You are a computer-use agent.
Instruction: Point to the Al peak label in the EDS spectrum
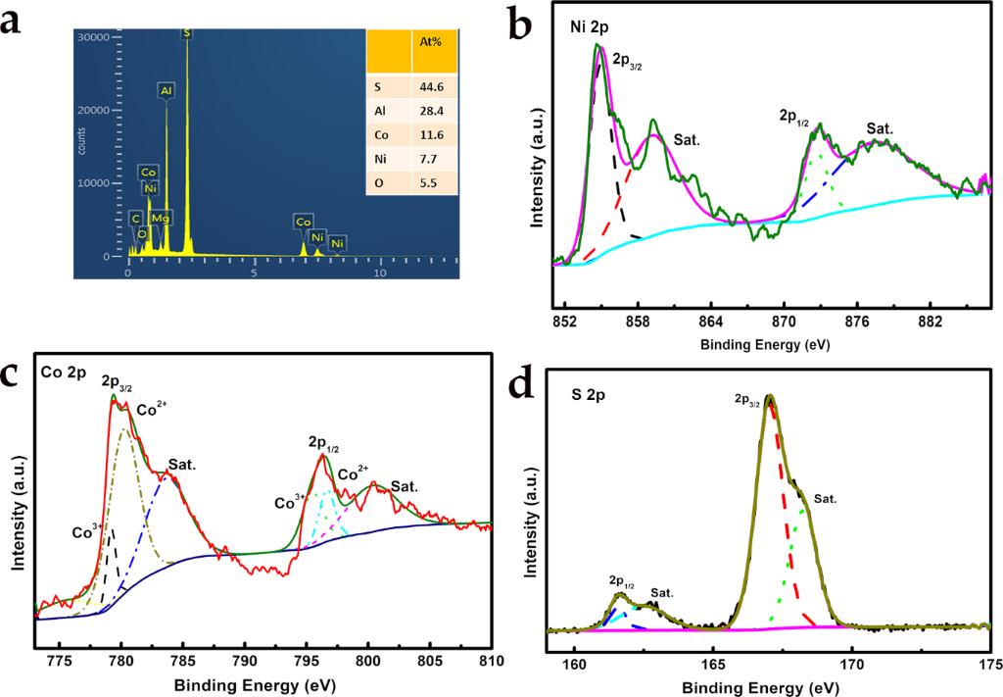[x=166, y=91]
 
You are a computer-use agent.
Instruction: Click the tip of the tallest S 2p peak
[x=770, y=396]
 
